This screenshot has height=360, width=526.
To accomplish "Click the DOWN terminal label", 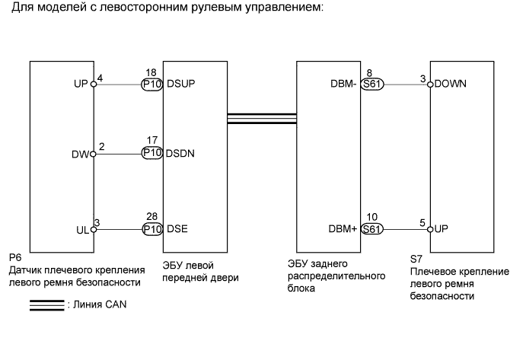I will [451, 84].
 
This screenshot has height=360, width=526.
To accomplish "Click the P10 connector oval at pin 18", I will [152, 84].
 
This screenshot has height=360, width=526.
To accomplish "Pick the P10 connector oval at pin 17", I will [152, 153].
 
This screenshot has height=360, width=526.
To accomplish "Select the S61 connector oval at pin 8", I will [372, 84].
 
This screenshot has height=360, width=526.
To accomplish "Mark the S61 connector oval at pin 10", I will [372, 228].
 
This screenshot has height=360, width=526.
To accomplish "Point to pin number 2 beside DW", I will [101, 145].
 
